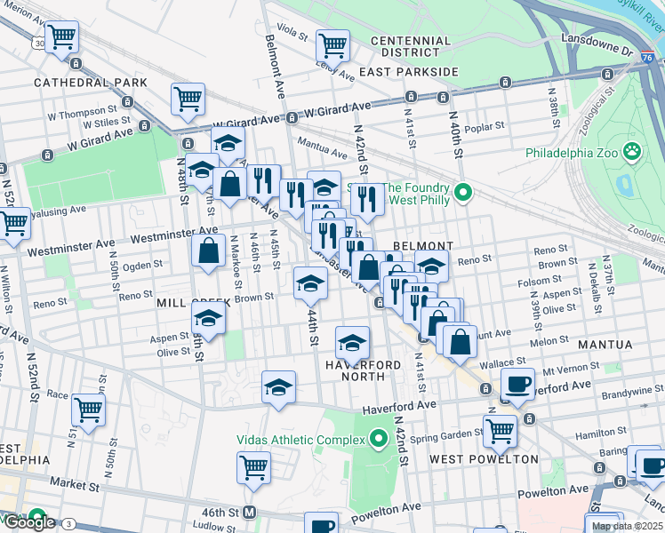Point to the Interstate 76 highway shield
(653, 57)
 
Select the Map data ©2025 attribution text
(628, 526)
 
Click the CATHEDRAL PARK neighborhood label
(77, 83)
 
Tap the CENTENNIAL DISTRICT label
(410, 47)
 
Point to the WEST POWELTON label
(484, 459)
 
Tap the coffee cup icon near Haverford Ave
(517, 384)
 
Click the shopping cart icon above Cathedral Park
(61, 36)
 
